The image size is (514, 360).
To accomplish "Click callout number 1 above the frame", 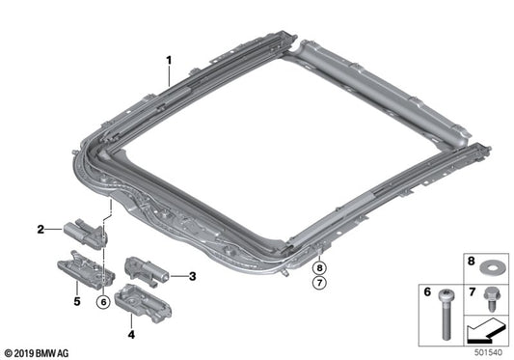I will click(x=169, y=59).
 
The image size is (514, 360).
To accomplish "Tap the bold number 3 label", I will click(x=192, y=276).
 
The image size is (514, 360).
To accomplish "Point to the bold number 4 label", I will click(x=132, y=336).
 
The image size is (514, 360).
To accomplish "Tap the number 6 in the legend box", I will click(x=427, y=290).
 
